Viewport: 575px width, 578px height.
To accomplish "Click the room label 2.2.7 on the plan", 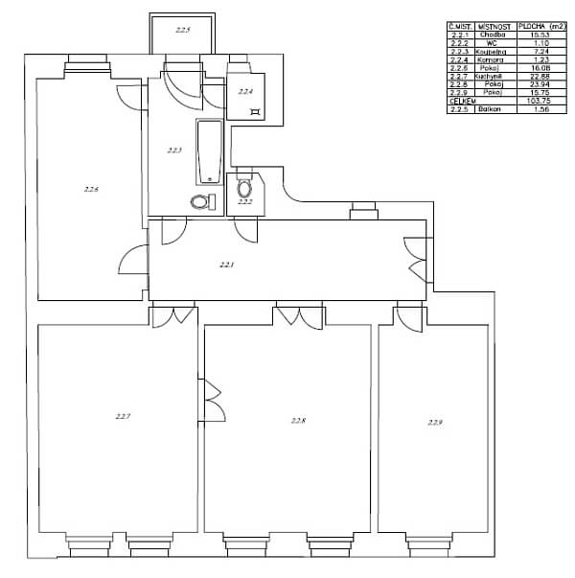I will [123, 416].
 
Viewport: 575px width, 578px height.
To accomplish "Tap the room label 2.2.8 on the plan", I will [298, 420].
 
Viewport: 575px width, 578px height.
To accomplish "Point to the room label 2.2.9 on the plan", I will [436, 422].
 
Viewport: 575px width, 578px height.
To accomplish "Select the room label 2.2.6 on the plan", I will [92, 190].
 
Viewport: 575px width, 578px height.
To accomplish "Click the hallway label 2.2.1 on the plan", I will [226, 264].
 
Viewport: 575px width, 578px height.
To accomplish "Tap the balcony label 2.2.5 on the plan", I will [183, 31].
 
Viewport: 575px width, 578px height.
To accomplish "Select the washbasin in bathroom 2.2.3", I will [199, 201].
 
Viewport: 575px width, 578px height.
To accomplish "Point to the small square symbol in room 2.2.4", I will [255, 112].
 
